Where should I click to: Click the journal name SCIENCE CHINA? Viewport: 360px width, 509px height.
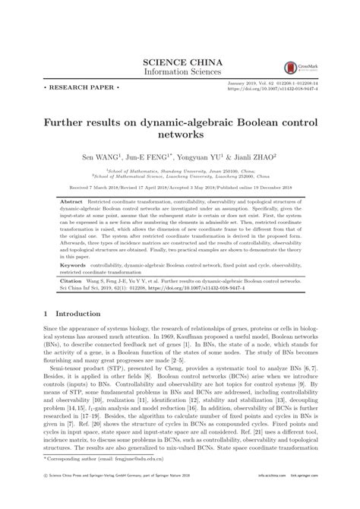pos(179,60)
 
